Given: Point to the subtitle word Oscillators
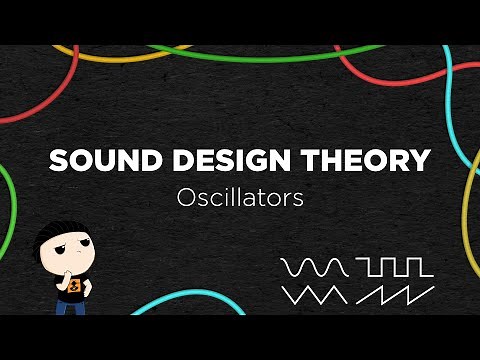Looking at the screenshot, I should pyautogui.click(x=239, y=197).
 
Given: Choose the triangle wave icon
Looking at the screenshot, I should pyautogui.click(x=314, y=295).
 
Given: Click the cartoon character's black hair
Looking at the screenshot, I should pyautogui.click(x=59, y=237).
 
